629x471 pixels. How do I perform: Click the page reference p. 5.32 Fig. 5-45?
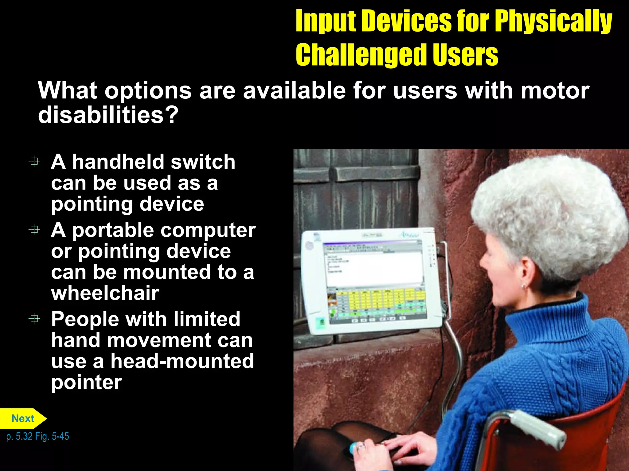pos(37,436)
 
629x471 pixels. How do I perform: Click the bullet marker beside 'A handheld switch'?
pos(34,161)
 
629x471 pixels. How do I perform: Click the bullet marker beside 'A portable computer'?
pos(34,230)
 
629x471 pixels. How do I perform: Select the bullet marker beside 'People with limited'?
pos(34,319)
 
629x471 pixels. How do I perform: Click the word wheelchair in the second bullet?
pos(105,293)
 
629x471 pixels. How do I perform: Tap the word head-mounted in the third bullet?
pos(182,361)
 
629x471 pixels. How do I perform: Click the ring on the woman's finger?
pos(360,447)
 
